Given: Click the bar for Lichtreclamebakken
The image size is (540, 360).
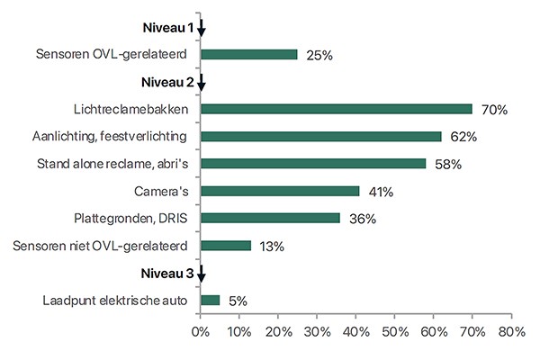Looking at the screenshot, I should (x=336, y=109).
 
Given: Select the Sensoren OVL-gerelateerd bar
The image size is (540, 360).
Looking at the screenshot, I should (x=248, y=54).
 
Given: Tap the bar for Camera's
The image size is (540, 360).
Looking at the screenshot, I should (x=280, y=191).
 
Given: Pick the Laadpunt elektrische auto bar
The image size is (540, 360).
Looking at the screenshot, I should (x=210, y=300).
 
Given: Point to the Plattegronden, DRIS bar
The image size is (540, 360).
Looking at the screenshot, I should (x=270, y=218).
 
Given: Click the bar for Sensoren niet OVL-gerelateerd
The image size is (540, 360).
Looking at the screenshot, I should (x=225, y=245).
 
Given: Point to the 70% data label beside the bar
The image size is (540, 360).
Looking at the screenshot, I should (x=494, y=110).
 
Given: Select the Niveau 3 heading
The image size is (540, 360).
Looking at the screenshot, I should (x=167, y=273).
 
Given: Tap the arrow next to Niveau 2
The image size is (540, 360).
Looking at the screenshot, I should (x=202, y=84).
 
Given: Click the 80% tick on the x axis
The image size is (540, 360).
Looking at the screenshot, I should (x=511, y=333).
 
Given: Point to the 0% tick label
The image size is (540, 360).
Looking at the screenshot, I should (x=201, y=333).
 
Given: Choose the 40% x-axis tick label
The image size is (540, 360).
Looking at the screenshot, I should (x=356, y=333).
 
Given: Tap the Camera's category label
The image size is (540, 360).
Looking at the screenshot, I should (x=162, y=191).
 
